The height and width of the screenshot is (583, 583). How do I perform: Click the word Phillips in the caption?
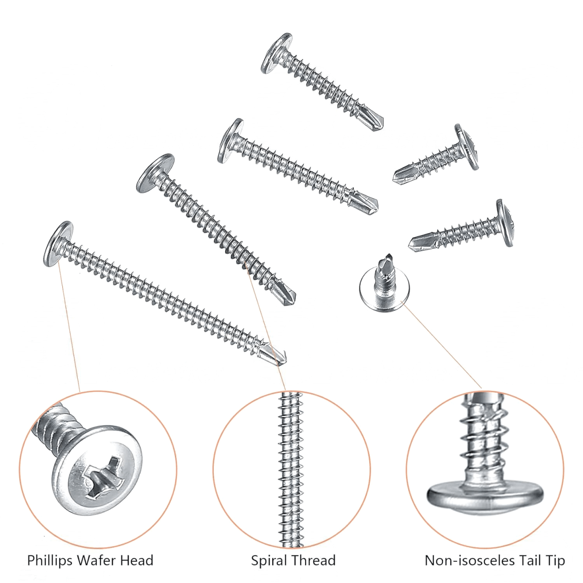(x=50, y=560)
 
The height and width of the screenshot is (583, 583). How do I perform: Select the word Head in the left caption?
(x=137, y=560)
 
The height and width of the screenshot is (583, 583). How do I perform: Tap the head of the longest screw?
(x=58, y=244)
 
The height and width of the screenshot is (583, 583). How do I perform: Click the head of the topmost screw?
(x=276, y=53)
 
